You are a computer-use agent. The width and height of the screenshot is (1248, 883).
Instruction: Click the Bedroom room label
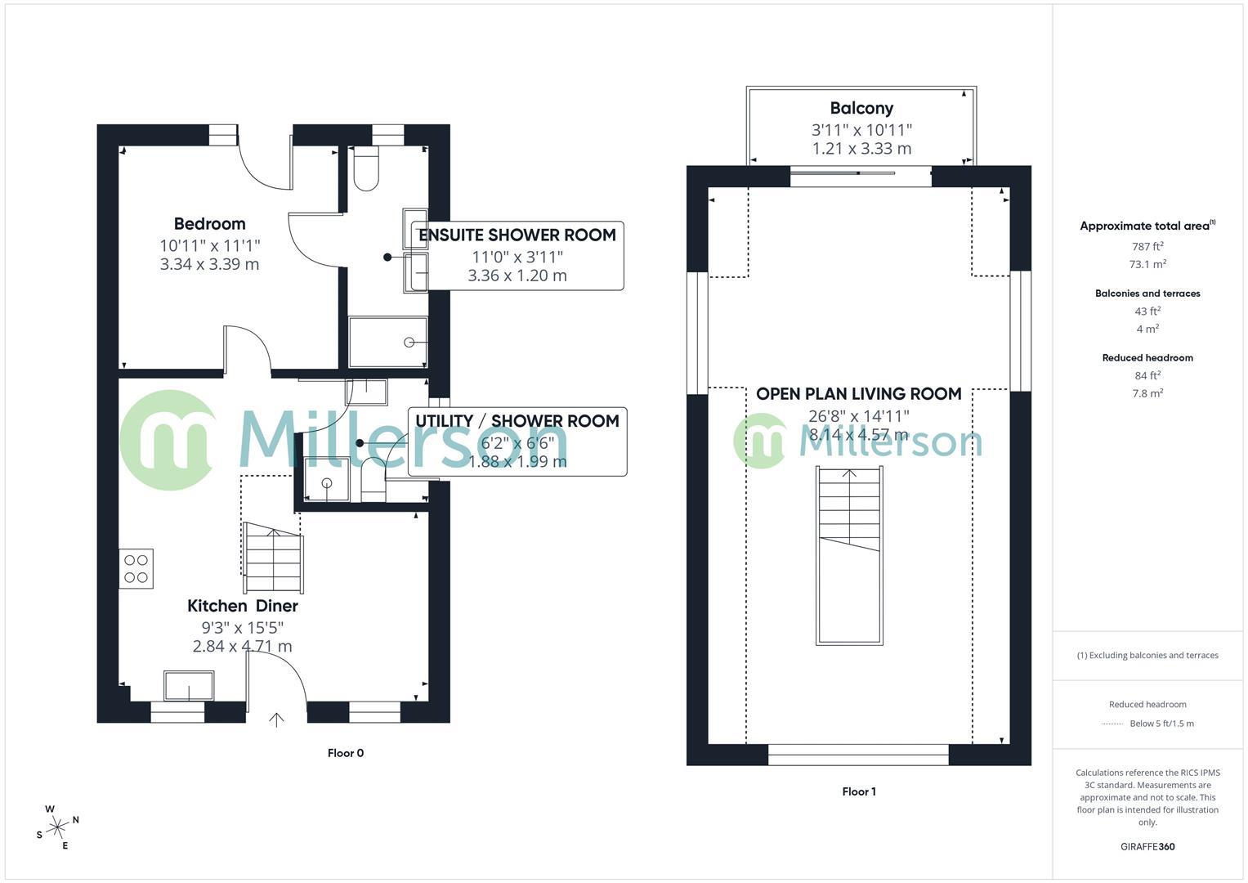(x=209, y=224)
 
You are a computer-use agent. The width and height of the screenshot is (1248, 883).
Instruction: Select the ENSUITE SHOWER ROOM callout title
(x=517, y=235)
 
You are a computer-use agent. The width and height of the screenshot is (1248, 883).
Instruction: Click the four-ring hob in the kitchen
(x=136, y=569)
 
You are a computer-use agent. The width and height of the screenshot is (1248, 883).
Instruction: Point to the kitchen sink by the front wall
(x=189, y=685)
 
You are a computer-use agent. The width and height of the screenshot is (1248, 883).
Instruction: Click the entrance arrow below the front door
(x=277, y=719)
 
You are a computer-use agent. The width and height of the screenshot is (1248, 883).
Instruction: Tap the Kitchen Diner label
(x=242, y=606)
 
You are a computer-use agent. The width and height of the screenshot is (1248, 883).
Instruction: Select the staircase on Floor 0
(x=273, y=560)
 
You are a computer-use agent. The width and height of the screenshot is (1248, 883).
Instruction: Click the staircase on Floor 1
(x=849, y=555)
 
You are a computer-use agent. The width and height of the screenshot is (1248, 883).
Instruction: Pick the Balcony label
(x=861, y=108)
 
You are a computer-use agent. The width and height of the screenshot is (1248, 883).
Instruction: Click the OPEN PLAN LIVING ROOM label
(x=858, y=394)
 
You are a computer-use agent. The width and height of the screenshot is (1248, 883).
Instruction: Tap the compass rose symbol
(x=57, y=827)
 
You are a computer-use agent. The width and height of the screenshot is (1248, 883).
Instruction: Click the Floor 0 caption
(x=345, y=753)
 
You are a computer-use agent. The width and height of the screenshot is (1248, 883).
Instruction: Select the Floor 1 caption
(x=858, y=791)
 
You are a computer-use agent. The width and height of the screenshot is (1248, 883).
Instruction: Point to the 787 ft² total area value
(x=1147, y=246)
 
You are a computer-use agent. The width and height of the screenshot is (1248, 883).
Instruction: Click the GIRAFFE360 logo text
(x=1147, y=846)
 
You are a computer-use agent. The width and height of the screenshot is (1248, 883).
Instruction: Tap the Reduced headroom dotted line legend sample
(x=1112, y=724)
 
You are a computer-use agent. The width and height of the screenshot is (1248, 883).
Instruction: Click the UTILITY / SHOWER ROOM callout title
(x=517, y=421)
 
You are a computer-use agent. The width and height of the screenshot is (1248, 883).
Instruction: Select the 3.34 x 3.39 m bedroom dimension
(x=209, y=264)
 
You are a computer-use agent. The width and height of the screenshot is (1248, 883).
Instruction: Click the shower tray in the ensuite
(x=387, y=342)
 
